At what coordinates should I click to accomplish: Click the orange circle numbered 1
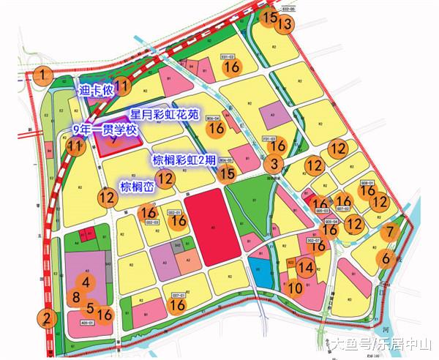click(x=45, y=74)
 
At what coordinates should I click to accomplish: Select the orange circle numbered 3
click(x=274, y=164)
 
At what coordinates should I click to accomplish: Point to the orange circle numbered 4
click(x=86, y=282)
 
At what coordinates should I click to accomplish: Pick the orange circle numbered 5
click(x=90, y=308)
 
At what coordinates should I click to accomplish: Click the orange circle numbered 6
click(x=385, y=258)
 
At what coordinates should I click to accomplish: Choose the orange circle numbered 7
click(x=391, y=232)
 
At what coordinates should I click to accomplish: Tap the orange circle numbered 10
click(x=296, y=288)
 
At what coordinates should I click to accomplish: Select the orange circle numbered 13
click(x=285, y=24)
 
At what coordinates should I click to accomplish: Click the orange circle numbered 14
click(x=307, y=267)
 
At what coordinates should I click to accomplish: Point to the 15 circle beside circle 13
click(x=270, y=18)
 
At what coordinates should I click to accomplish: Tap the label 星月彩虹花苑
click(x=164, y=115)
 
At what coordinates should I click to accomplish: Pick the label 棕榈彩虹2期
click(x=183, y=160)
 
